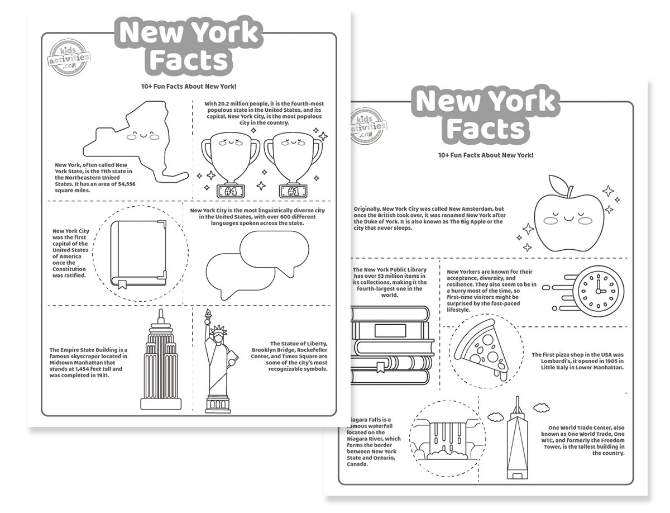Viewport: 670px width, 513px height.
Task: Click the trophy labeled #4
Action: point(231,161)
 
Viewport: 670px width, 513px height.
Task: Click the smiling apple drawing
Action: point(568,215)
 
